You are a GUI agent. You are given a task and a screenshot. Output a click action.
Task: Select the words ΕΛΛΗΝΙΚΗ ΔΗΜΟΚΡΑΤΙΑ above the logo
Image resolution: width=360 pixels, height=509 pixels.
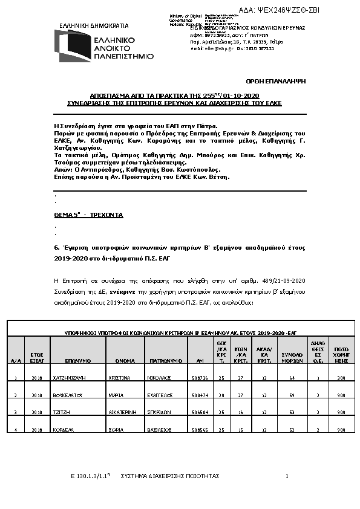(85, 26)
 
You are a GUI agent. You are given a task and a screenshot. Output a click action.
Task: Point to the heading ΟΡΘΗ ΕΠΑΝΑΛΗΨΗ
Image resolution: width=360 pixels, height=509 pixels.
(284, 80)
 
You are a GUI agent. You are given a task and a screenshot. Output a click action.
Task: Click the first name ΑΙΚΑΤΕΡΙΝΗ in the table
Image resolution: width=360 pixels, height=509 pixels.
(128, 412)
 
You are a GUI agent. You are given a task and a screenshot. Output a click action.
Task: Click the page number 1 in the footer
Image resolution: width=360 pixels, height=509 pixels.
(286, 476)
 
